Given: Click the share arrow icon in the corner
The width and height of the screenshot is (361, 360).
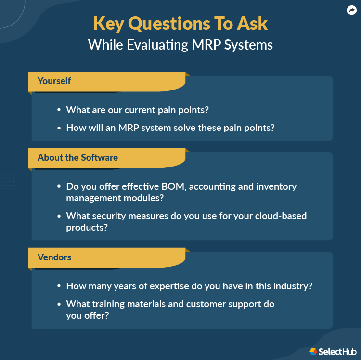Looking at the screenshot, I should point(351,10).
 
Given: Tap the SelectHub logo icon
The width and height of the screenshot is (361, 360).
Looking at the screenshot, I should point(313,352).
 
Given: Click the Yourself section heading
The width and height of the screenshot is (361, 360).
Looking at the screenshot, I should point(54,81).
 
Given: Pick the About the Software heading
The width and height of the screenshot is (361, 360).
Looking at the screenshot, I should point(77,157).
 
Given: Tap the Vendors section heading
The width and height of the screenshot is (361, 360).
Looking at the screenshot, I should point(54,257).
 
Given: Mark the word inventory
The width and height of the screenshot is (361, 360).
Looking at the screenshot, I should point(277,186).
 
